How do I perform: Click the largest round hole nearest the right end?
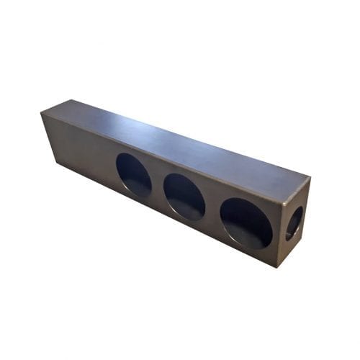246,222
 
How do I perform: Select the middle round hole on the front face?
184,197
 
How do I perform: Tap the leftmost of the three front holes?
134,175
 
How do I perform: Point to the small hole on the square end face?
294,223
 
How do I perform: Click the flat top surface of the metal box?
173,140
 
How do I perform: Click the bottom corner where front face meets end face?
277,267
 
